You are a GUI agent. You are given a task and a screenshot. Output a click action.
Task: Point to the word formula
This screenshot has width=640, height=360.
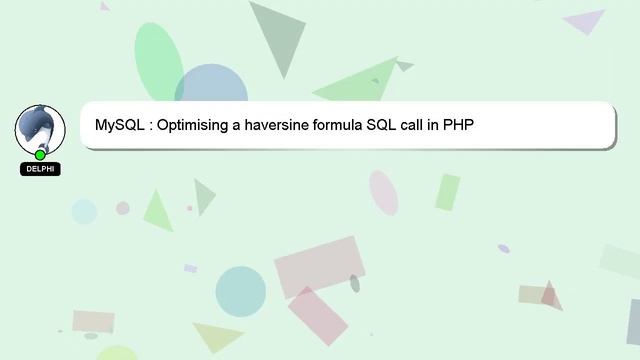point(336,126)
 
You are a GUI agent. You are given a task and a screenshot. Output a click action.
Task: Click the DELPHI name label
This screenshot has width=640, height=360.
point(40,169)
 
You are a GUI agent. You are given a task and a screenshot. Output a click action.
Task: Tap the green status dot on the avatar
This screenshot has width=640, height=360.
point(40,155)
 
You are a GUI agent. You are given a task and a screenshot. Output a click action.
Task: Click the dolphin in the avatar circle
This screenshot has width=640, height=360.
point(39,128)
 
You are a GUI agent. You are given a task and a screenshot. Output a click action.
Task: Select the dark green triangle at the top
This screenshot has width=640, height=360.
point(278,35)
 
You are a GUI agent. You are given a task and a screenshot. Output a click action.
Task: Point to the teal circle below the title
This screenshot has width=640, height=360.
point(240,291)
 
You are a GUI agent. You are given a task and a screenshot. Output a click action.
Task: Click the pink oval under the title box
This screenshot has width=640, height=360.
point(383,192)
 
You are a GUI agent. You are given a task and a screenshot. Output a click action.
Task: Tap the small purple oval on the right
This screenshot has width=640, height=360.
point(503,248)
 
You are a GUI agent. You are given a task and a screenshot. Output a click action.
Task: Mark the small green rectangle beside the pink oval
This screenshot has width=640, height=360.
point(447,192)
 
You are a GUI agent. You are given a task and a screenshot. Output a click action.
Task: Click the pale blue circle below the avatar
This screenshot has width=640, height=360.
point(84,211)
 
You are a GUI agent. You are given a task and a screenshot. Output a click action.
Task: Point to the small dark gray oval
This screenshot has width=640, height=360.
point(355,283)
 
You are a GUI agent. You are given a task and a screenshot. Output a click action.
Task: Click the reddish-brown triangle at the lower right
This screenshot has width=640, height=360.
point(551,296)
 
